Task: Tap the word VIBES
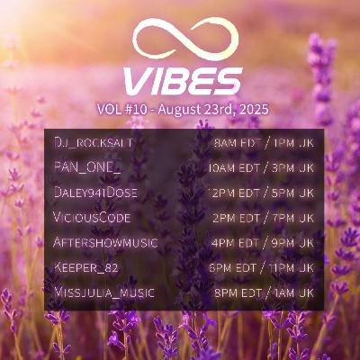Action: point(183,81)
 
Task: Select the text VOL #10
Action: point(122,110)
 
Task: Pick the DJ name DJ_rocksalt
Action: point(94,143)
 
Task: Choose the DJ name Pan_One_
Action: point(88,167)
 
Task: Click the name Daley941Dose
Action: point(96,193)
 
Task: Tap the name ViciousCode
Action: point(92,218)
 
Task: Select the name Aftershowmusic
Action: point(105,242)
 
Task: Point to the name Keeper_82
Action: point(86,267)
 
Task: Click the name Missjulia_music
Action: point(104,292)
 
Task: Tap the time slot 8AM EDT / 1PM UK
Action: point(265,143)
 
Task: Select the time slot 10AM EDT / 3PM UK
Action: point(262,167)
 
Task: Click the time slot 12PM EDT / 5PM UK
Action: point(263,193)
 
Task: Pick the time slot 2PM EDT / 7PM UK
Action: point(264,218)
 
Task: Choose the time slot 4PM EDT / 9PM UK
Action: point(263,242)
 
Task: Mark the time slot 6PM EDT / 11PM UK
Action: point(262,267)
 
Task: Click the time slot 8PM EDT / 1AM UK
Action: point(264,292)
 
